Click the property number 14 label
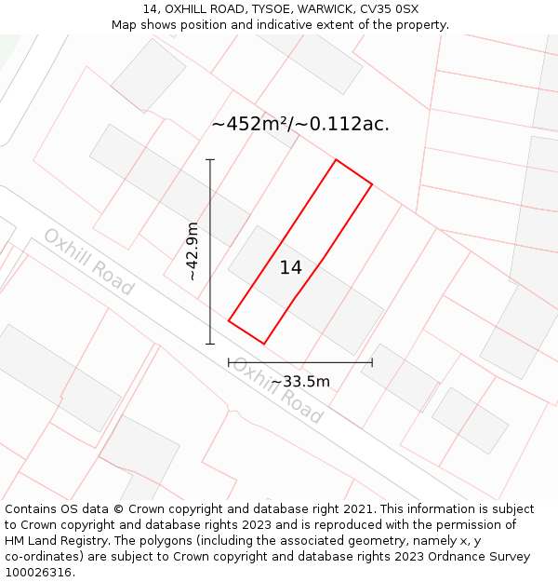coord(291,268)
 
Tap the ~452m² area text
coord(249,124)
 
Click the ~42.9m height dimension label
coord(192,251)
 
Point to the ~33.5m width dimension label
coord(300,381)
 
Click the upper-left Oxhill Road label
coord(89,261)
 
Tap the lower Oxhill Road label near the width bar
coord(277,390)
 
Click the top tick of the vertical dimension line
coord(210,160)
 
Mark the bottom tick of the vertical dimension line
coord(210,344)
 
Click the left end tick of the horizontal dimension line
coord(229,362)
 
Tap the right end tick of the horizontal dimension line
coord(372,362)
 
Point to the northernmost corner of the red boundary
coord(336,160)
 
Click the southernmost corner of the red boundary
coord(264,344)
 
